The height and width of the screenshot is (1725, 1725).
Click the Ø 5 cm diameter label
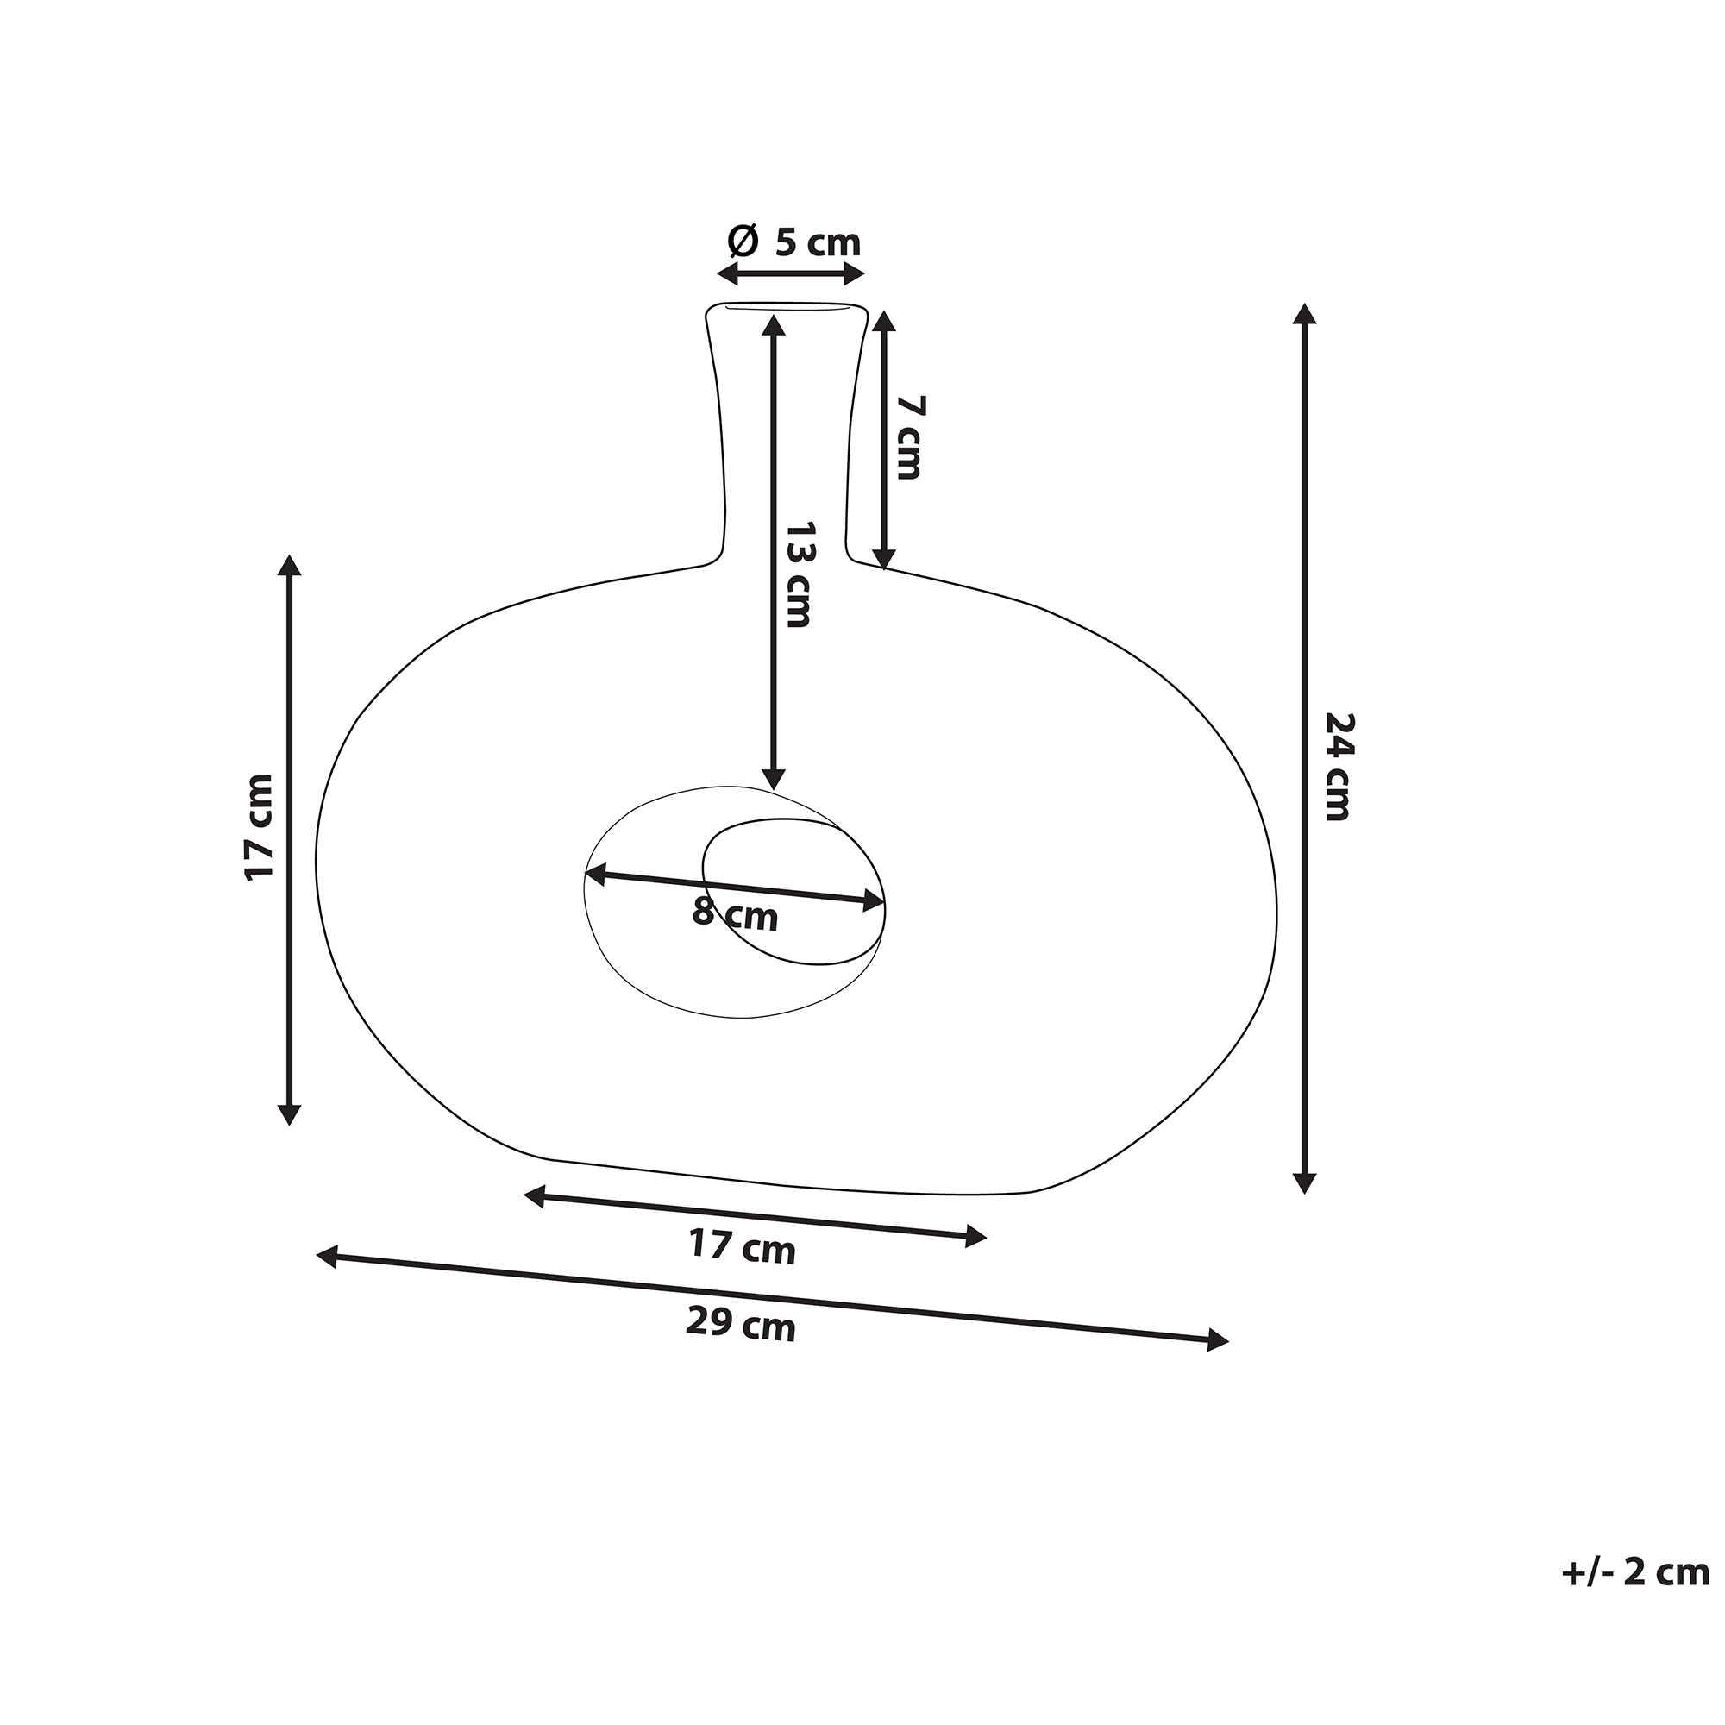pyautogui.click(x=793, y=242)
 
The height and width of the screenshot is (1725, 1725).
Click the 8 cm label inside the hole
pyautogui.click(x=735, y=915)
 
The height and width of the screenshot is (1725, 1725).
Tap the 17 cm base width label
pyautogui.click(x=742, y=1247)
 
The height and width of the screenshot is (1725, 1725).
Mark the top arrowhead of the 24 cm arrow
pyautogui.click(x=1305, y=314)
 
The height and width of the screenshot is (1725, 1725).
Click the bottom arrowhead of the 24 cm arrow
pyautogui.click(x=1305, y=1184)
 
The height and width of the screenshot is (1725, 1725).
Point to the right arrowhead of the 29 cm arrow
pyautogui.click(x=1219, y=1340)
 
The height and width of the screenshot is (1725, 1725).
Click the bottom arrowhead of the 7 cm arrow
pyautogui.click(x=883, y=558)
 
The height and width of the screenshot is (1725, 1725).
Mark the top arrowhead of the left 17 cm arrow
pyautogui.click(x=289, y=565)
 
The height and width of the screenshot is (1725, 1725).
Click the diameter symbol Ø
pyautogui.click(x=743, y=240)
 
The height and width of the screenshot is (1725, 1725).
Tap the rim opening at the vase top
pyautogui.click(x=787, y=308)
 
